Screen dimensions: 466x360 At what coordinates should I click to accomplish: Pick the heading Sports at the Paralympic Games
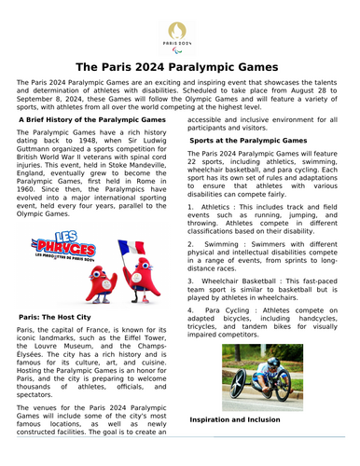pos(250,139)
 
